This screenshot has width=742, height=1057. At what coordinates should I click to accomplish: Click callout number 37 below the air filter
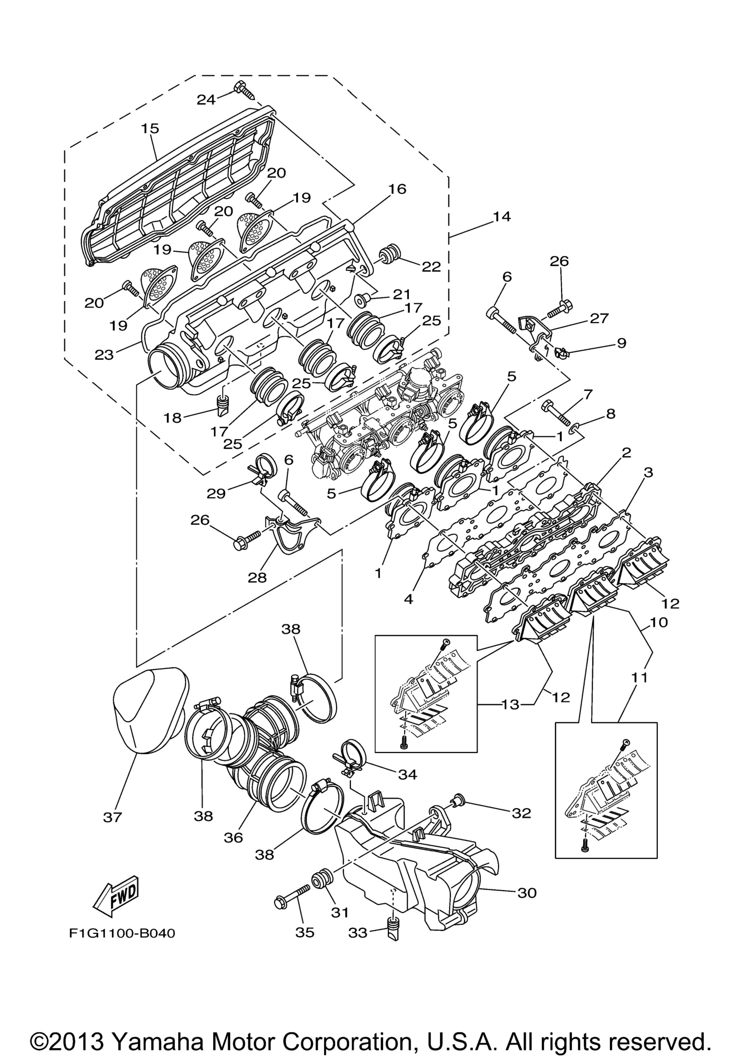click(x=112, y=817)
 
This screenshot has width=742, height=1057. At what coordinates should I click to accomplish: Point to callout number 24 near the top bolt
click(x=206, y=99)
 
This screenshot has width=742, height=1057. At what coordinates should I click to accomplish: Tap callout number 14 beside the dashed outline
click(x=502, y=216)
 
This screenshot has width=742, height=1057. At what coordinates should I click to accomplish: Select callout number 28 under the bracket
click(x=257, y=577)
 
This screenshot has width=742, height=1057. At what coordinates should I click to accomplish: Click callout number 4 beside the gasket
click(x=408, y=600)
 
